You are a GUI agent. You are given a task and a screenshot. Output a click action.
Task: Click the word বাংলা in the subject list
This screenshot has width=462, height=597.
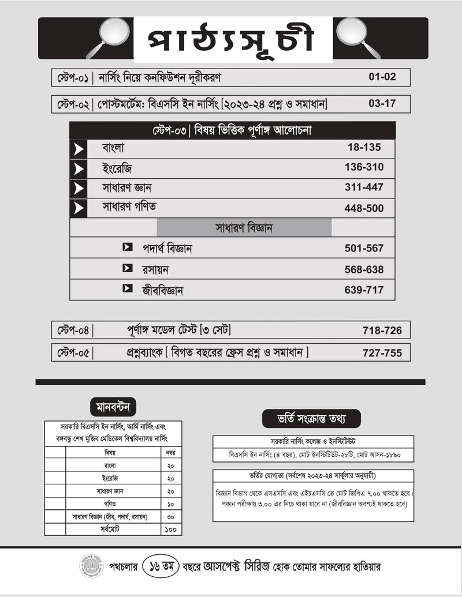114,148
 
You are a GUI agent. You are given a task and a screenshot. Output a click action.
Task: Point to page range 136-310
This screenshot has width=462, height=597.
364,168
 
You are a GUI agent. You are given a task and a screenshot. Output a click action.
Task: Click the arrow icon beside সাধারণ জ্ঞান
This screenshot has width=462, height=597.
78,189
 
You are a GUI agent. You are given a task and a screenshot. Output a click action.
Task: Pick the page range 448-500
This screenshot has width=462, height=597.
364,208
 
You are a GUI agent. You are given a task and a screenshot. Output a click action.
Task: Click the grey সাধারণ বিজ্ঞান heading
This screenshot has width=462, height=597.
244,227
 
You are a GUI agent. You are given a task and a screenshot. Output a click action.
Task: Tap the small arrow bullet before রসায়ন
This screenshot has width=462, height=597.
128,268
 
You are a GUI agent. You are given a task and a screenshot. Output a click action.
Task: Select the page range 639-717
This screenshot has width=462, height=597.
364,290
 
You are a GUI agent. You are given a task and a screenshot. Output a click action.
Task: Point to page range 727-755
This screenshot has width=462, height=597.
382,353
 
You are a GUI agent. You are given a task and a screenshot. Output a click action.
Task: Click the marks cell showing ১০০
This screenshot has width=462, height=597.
170,529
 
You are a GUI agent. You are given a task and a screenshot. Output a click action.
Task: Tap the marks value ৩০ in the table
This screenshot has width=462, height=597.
170,516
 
